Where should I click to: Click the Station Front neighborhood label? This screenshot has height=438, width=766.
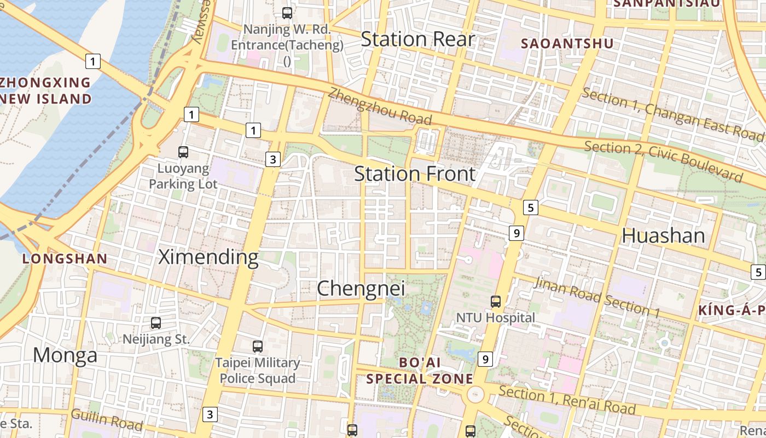click(415, 174)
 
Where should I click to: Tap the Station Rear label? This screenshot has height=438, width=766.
click(417, 39)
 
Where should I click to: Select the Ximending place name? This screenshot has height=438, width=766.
click(208, 256)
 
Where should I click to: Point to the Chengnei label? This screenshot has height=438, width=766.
click(361, 288)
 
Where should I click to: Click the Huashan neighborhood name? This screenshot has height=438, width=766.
click(663, 235)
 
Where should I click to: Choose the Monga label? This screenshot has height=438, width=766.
click(65, 355)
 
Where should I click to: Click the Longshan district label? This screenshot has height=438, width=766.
click(65, 259)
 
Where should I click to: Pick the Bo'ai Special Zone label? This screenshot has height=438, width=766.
click(420, 371)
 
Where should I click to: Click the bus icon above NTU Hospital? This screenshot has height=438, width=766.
click(496, 301)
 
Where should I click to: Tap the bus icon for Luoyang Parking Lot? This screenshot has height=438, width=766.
click(183, 152)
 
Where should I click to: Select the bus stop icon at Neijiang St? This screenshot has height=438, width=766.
click(156, 323)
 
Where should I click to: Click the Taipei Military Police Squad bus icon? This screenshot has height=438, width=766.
click(258, 346)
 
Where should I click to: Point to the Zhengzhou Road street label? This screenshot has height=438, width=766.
click(380, 107)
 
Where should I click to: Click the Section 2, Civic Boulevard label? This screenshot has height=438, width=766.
click(663, 161)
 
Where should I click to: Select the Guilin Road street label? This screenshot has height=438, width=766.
click(107, 419)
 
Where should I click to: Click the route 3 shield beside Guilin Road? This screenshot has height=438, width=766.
click(210, 414)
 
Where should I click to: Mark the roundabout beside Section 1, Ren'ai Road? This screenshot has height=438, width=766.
click(475, 394)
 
